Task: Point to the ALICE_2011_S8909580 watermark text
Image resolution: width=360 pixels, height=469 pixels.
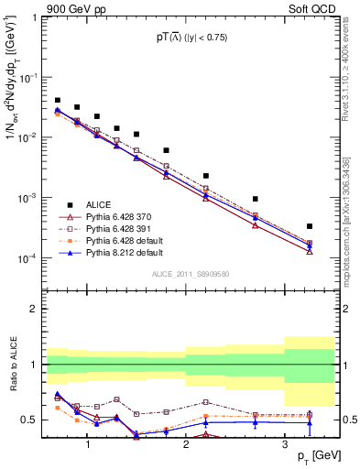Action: [x=190, y=274]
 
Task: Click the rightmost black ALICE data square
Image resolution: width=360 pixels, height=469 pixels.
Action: [x=310, y=226]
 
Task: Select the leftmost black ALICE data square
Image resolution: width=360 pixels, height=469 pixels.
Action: [x=58, y=101]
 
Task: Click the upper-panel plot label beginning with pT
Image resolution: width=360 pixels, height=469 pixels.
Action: [x=191, y=38]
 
